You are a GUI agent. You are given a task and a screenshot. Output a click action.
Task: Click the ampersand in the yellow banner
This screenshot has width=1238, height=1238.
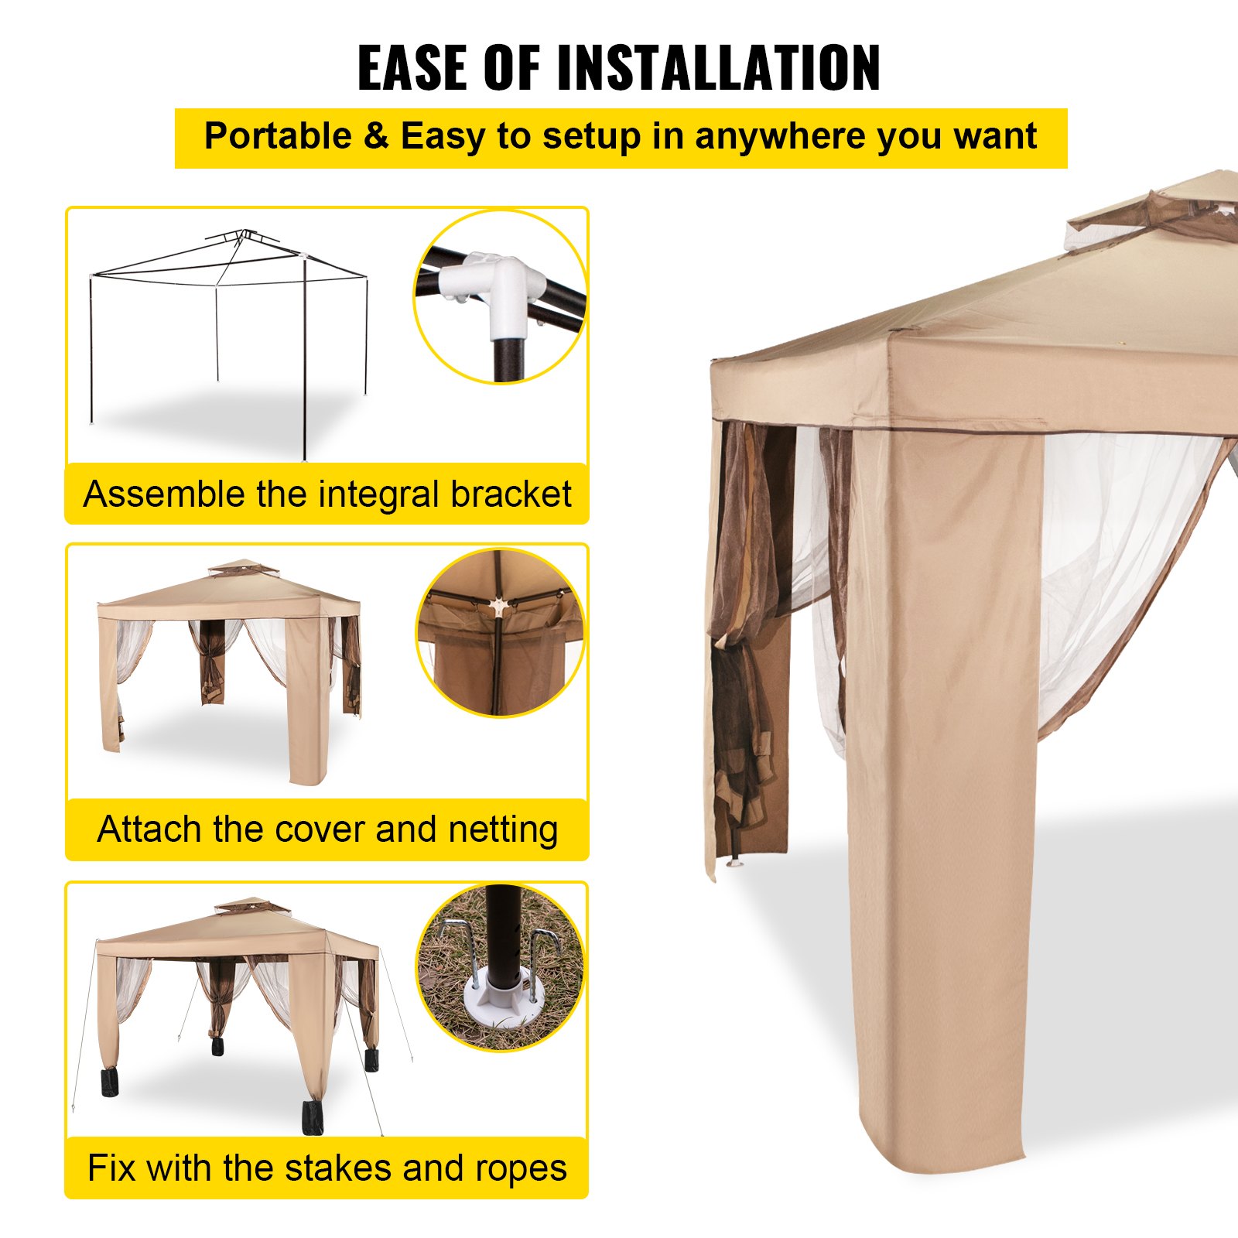(376, 137)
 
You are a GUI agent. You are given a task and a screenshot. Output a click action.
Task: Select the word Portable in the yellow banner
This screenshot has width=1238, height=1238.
(278, 137)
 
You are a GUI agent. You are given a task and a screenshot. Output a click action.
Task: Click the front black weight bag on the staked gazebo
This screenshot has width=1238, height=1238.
(313, 1117)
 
